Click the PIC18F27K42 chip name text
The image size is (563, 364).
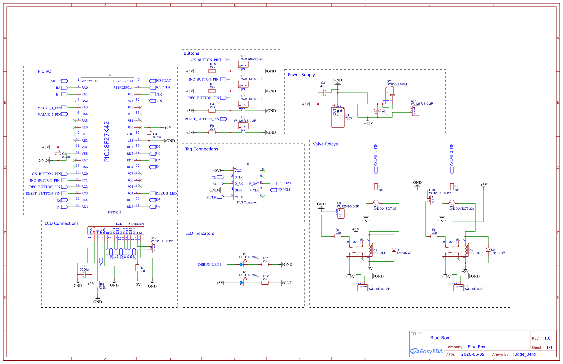(x=107, y=142)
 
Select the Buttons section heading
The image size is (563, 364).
(x=191, y=53)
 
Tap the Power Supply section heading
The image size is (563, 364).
(x=301, y=75)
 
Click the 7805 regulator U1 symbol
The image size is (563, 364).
(x=337, y=117)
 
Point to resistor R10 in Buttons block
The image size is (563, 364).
(x=212, y=71)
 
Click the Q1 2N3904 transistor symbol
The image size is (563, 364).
(x=376, y=201)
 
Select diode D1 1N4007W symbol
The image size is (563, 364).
(x=394, y=250)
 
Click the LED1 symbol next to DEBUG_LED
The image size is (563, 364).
(x=242, y=264)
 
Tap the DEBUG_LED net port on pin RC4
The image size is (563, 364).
(x=166, y=193)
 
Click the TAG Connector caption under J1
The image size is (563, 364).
(x=247, y=202)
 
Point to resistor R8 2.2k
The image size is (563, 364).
(x=98, y=284)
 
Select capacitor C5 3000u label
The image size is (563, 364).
(x=84, y=268)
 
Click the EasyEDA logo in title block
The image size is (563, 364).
(x=427, y=351)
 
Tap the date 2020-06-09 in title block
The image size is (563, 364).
(x=473, y=354)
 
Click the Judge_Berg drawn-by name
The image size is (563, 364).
(x=524, y=354)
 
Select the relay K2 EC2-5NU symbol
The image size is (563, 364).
(x=455, y=250)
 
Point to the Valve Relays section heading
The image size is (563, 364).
(x=325, y=144)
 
